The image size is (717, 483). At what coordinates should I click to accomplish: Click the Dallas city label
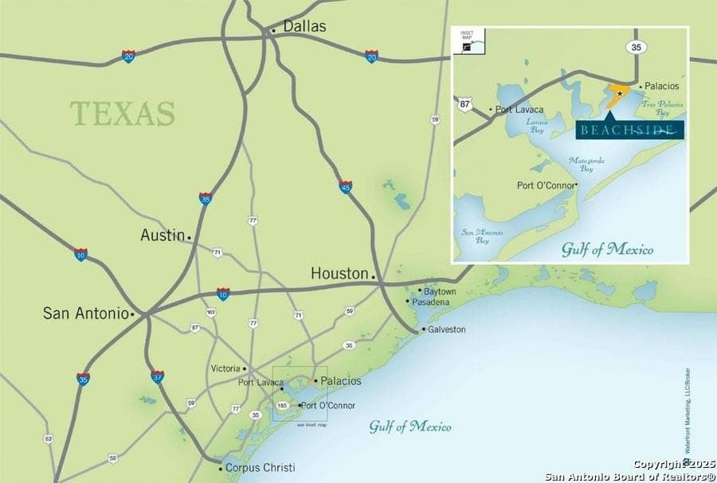click(304, 26)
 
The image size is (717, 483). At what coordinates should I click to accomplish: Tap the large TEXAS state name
click(122, 113)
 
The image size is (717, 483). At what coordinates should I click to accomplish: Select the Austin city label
click(162, 235)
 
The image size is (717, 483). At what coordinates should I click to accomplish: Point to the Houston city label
click(339, 273)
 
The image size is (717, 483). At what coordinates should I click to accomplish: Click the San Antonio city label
click(85, 314)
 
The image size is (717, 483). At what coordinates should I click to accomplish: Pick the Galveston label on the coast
click(447, 329)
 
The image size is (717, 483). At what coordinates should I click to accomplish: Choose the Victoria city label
click(225, 368)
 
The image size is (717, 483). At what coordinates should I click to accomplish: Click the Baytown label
click(441, 291)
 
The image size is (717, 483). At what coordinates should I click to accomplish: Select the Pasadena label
click(435, 302)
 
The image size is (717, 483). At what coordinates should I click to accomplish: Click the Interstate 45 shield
click(345, 186)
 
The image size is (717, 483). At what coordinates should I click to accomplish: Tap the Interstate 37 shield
click(157, 376)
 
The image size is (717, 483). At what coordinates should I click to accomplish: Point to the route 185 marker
click(282, 405)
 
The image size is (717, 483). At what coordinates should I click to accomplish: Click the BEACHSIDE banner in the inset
click(629, 130)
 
